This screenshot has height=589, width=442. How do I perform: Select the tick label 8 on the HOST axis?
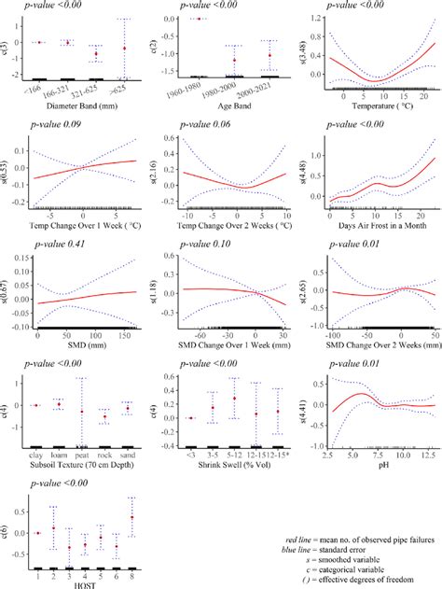coord(132,574)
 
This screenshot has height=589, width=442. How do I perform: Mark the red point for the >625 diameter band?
coord(125,48)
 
